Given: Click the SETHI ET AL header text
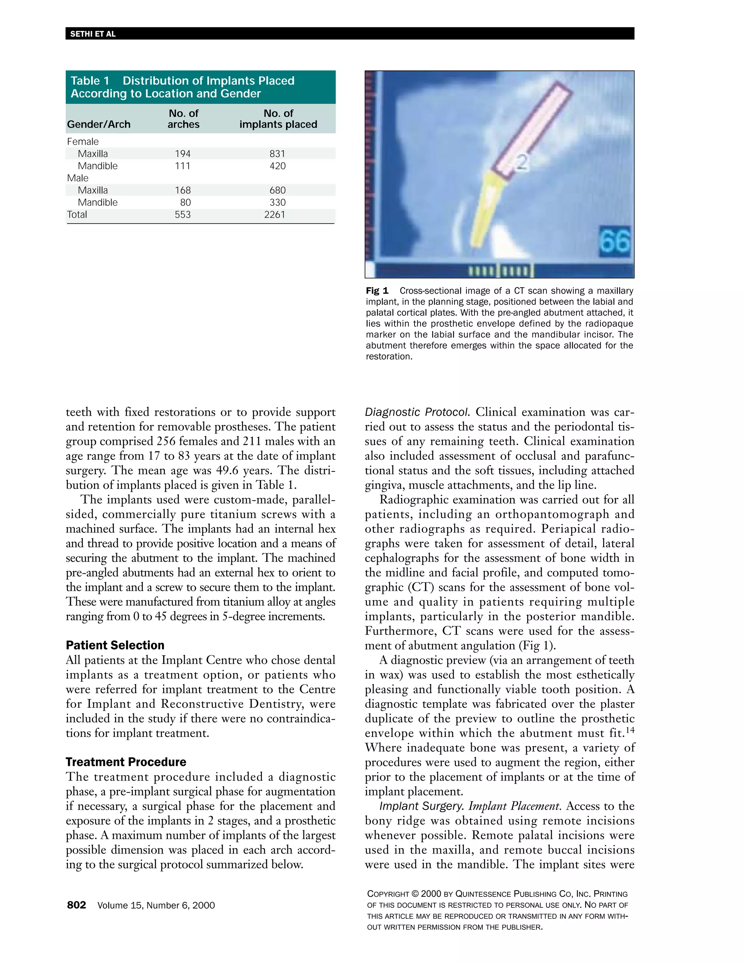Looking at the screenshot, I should [x=93, y=34].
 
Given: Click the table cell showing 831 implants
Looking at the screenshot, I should [x=277, y=154].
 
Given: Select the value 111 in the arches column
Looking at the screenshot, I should [x=182, y=166].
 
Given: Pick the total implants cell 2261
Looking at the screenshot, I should [x=275, y=215].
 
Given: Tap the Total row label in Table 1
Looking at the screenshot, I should [x=77, y=215].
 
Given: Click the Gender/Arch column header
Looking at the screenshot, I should [x=99, y=124].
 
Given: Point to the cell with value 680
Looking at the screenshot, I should [x=277, y=190].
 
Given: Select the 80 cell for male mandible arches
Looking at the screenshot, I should [x=186, y=202].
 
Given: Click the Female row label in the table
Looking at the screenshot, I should [x=83, y=141].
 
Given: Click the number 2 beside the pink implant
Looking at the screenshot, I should [x=521, y=162].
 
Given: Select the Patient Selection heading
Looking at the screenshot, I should [x=115, y=645].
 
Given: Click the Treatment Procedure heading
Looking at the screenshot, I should [x=126, y=762].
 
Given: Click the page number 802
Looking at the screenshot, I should [x=76, y=905].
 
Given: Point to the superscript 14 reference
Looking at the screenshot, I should [x=630, y=730].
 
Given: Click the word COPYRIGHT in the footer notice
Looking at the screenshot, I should [x=388, y=894].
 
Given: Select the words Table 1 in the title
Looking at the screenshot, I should [x=90, y=81].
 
